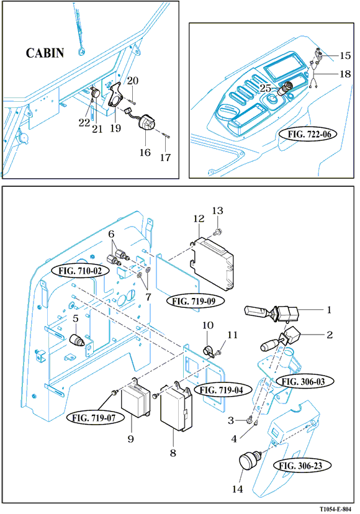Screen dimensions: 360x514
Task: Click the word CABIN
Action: (x=45, y=53)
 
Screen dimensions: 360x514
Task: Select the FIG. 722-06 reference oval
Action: (x=309, y=134)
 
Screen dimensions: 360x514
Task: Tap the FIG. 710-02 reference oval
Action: (x=80, y=271)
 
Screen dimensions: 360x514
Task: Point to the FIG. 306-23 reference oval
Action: (x=300, y=466)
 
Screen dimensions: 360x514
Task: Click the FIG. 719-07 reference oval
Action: (x=94, y=418)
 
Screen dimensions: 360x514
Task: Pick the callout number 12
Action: (x=199, y=219)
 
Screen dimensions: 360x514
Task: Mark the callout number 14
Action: (x=237, y=489)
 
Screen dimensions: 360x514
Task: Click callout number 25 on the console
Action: (x=266, y=89)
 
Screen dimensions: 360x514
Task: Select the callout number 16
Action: (x=145, y=153)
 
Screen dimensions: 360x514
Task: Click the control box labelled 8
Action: (x=176, y=408)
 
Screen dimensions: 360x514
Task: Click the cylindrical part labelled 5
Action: (x=78, y=340)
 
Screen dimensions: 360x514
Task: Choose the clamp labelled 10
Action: (x=208, y=350)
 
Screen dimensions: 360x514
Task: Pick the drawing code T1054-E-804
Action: (x=335, y=509)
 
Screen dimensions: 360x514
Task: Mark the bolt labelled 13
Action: (x=217, y=233)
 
